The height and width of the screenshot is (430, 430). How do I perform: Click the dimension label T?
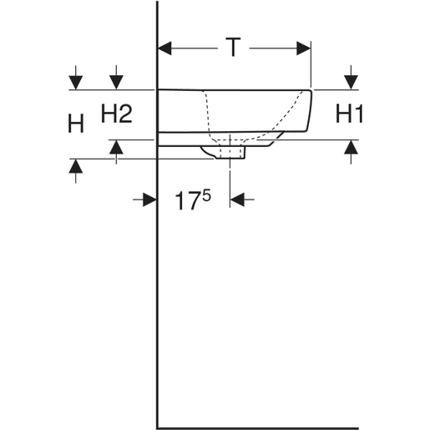[x=233, y=48]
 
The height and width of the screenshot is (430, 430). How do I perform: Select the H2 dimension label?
[x=116, y=113]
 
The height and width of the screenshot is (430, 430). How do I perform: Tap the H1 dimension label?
[x=349, y=113]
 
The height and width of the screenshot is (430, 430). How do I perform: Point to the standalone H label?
[x=76, y=124]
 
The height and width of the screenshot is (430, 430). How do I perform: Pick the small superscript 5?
[x=206, y=195]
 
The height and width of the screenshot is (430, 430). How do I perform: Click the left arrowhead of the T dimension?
[x=164, y=48]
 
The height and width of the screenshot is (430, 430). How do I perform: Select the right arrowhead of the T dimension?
[x=304, y=48]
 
